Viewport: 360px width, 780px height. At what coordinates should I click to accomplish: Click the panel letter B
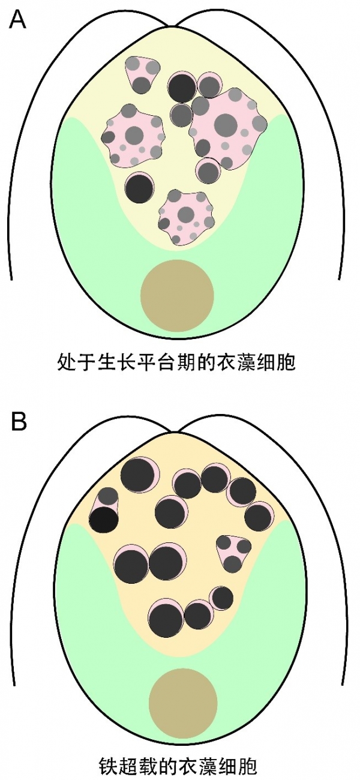[x=19, y=421]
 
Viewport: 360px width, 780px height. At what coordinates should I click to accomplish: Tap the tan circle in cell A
[x=177, y=295]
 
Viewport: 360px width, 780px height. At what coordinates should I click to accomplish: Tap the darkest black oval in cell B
[x=103, y=519]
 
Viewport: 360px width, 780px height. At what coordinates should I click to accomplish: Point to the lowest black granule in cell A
[x=139, y=188]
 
